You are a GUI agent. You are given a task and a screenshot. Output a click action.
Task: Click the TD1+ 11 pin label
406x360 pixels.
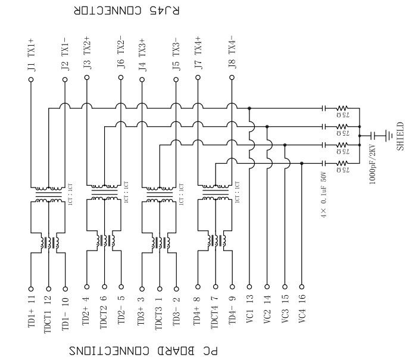[31, 310]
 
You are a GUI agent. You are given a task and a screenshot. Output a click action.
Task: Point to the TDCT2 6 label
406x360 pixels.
[104, 312]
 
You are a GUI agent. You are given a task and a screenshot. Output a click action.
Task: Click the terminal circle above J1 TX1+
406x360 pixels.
[31, 79]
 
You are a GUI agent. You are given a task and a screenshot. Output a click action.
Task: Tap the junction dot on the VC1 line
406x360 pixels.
[249, 108]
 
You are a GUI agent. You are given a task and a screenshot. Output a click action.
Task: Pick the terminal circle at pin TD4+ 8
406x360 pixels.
[197, 286]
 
